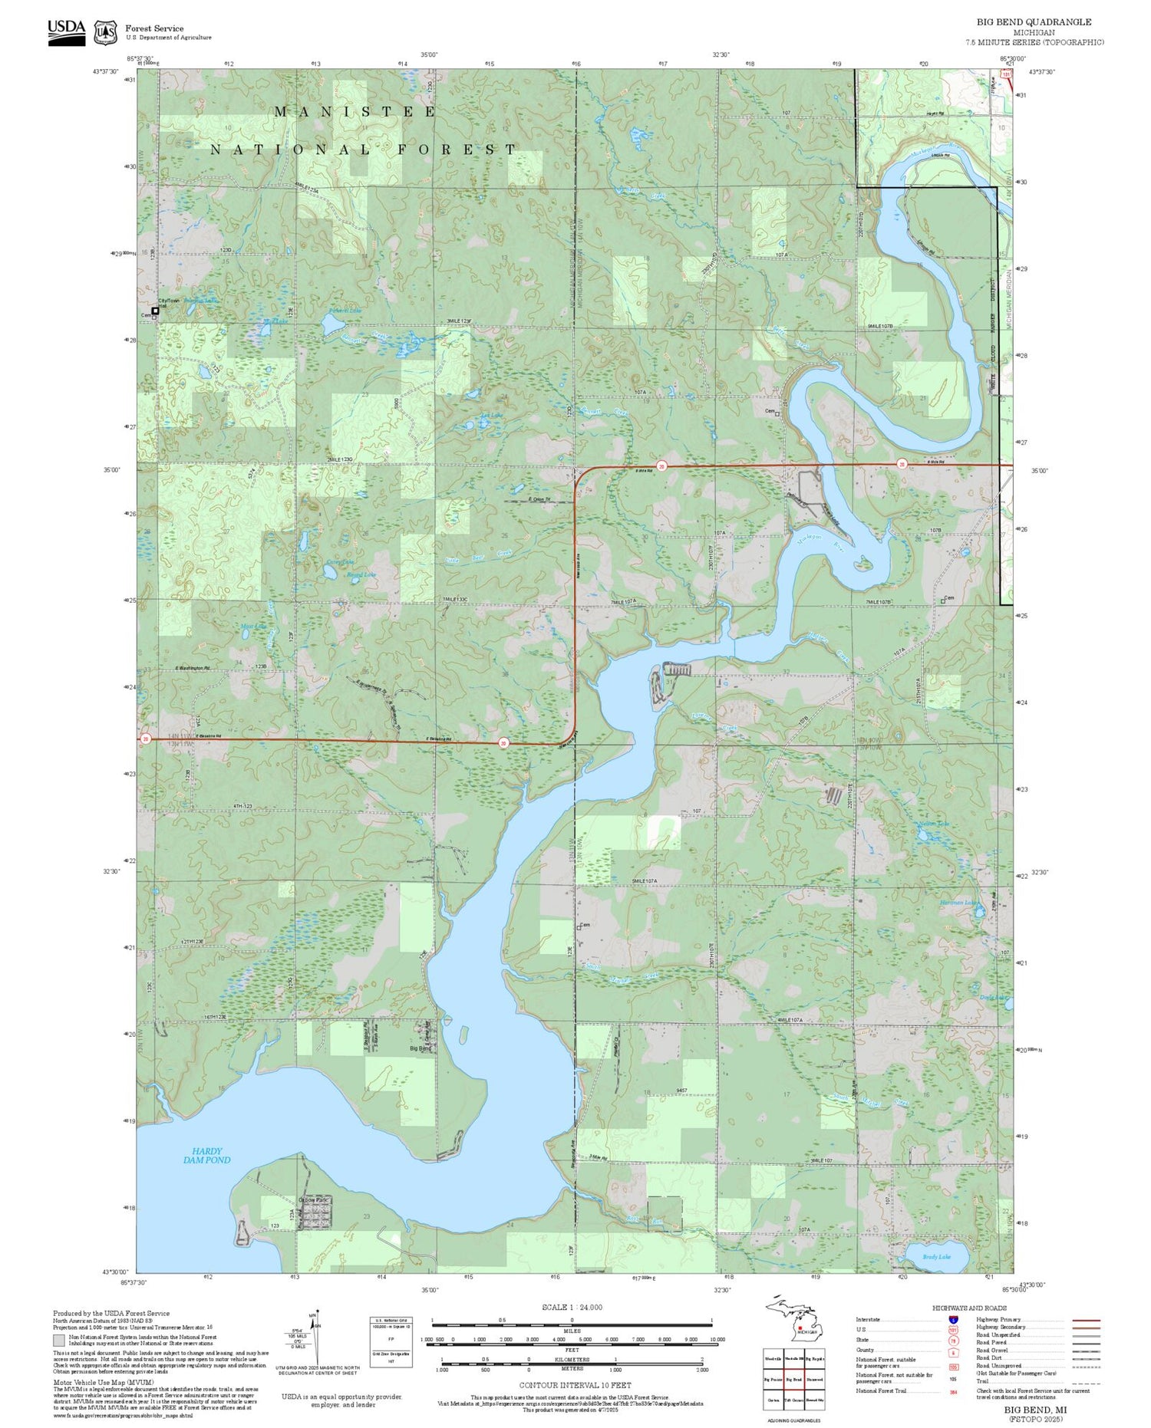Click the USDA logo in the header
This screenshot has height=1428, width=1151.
(66, 32)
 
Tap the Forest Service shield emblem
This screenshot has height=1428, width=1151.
(105, 33)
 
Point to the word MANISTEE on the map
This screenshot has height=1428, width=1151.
(355, 112)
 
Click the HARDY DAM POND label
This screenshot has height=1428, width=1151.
(206, 1155)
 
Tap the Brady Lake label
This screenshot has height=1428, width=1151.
(936, 1257)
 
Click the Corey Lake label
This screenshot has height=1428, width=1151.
(319, 562)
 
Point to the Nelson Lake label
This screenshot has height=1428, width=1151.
(933, 824)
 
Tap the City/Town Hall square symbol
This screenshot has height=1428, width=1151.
(155, 311)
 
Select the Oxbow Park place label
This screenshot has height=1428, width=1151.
(313, 1199)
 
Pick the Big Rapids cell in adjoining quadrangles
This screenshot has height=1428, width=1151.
(815, 1358)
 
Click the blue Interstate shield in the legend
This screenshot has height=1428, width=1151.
(953, 1319)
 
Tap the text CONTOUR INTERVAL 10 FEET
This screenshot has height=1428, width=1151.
(575, 1385)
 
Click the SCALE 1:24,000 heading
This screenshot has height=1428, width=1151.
(572, 1307)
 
